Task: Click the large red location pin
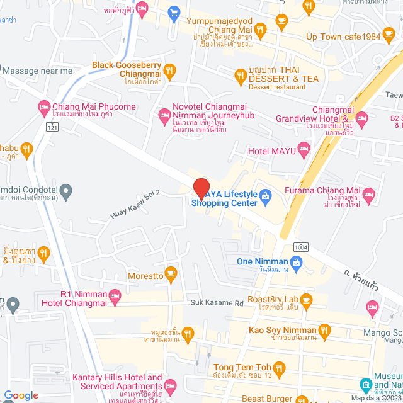pyautogui.click(x=201, y=188)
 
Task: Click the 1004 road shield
pyautogui.click(x=300, y=247)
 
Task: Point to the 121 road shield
pyautogui.click(x=52, y=128)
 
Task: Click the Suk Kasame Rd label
pyautogui.click(x=218, y=303)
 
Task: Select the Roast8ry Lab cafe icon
pyautogui.click(x=306, y=300)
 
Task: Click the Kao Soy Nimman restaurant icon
pyautogui.click(x=324, y=330)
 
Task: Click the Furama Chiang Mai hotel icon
pyautogui.click(x=369, y=193)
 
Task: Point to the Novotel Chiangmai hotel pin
pyautogui.click(x=164, y=114)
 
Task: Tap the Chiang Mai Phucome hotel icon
pyautogui.click(x=43, y=106)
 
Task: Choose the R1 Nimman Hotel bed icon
pyautogui.click(x=115, y=295)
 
